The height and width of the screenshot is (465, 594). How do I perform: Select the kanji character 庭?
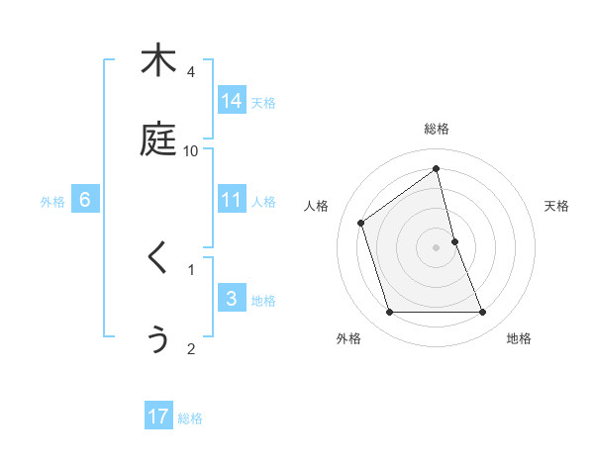(158, 140)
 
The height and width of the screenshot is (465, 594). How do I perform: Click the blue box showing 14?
(232, 101)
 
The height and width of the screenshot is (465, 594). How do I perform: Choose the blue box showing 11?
(232, 200)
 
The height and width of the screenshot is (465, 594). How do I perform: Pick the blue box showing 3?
(232, 299)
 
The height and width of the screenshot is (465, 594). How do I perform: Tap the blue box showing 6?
(85, 200)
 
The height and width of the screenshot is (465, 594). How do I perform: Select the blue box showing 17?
(158, 417)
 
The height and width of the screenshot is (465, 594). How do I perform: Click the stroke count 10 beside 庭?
(191, 151)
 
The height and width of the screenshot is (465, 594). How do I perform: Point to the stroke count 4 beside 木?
(191, 72)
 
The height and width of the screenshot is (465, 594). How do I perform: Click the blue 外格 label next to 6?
(52, 201)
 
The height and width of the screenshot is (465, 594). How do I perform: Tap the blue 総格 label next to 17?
(190, 418)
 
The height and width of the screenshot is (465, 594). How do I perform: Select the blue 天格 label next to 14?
(263, 102)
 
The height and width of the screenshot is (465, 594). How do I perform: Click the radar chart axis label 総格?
(437, 129)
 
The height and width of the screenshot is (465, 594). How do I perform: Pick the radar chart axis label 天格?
(557, 206)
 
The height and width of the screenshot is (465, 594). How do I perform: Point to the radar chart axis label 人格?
(317, 206)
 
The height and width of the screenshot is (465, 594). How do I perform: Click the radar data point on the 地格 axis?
(483, 313)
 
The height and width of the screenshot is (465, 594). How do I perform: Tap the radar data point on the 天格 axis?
(454, 241)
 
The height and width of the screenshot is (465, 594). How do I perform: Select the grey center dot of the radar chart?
(437, 247)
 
